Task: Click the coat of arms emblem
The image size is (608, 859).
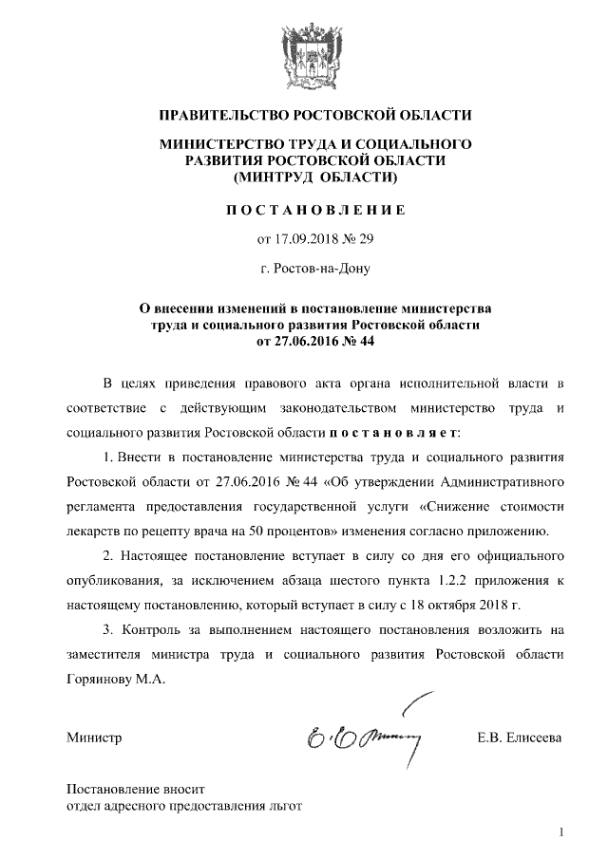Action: point(304,55)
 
